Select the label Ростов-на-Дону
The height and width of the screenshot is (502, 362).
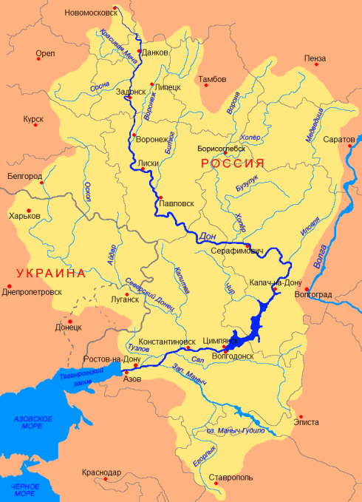pyautogui.click(x=111, y=359)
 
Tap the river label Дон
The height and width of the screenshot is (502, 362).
pyautogui.click(x=208, y=237)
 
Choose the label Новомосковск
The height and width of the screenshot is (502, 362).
pyautogui.click(x=90, y=13)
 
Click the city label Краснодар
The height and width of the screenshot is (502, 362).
pyautogui.click(x=102, y=472)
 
